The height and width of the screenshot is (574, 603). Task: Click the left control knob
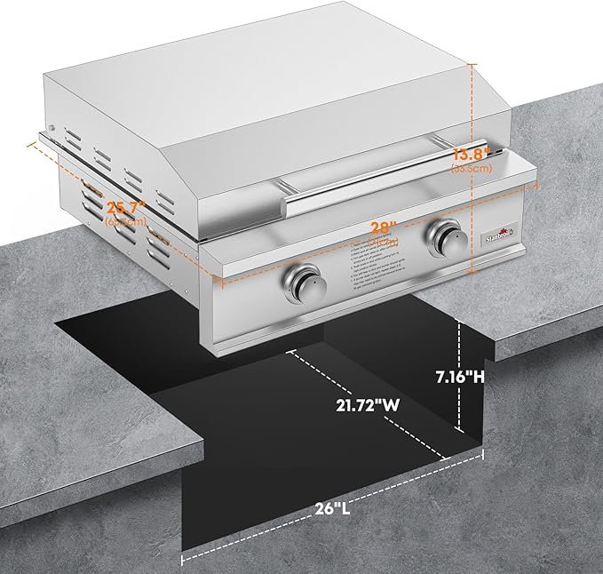307,284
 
